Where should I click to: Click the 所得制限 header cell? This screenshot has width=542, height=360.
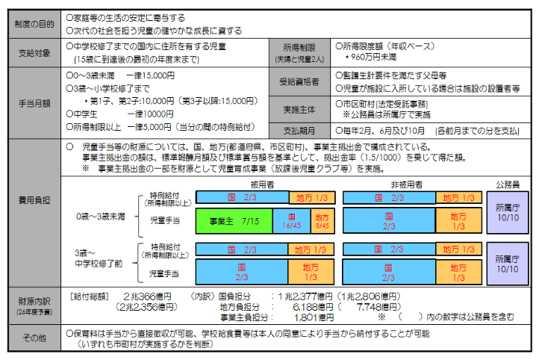(299, 49)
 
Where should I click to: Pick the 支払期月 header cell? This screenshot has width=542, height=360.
(299, 130)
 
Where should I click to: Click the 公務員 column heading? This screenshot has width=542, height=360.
(508, 183)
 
